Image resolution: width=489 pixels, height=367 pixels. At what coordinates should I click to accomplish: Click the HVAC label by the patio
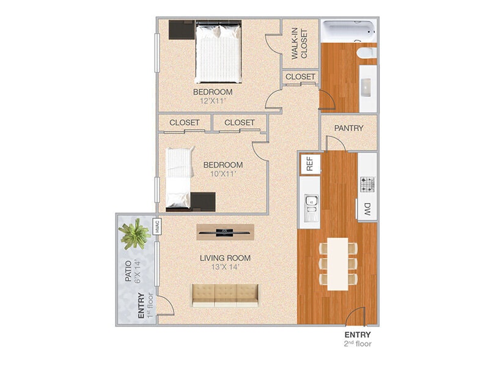(x=157, y=227)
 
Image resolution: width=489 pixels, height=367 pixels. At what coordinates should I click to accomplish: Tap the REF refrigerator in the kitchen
(x=310, y=164)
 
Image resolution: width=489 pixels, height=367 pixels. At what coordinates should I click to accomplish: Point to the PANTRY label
(x=349, y=128)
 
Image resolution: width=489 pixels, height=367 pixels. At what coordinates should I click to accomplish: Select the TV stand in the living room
(x=225, y=231)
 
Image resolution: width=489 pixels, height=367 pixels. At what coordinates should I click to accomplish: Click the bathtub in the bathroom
(x=349, y=31)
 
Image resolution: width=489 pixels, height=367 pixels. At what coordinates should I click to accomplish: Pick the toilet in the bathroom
(x=367, y=53)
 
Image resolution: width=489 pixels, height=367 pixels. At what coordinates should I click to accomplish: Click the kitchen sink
(x=311, y=206)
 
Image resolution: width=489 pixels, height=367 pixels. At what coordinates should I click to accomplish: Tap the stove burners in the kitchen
(x=367, y=183)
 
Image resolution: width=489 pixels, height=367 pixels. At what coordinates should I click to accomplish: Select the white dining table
(x=337, y=264)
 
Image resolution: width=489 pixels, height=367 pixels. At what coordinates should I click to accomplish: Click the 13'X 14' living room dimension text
(x=225, y=267)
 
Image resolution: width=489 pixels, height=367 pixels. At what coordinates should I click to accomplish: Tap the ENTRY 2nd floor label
(x=358, y=339)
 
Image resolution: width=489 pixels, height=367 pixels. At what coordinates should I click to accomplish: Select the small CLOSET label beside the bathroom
(x=300, y=77)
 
